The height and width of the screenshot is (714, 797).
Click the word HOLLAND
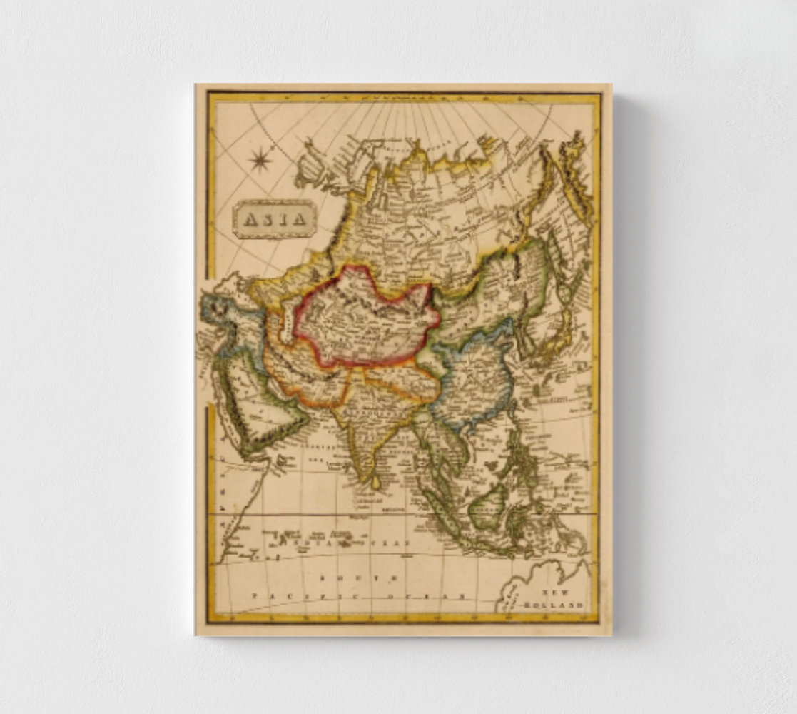[x=554, y=605]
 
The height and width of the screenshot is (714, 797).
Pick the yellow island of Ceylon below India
[x=376, y=483]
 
